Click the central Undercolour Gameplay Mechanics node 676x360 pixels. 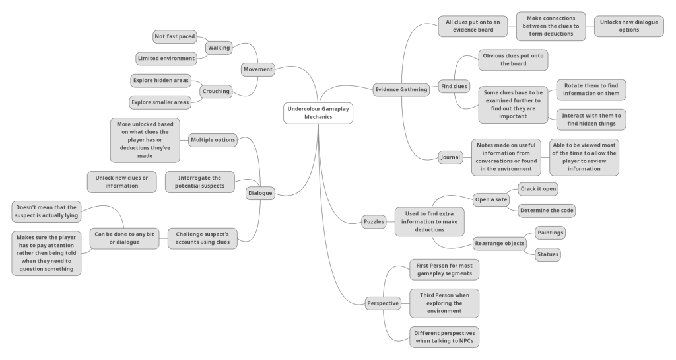click(318, 112)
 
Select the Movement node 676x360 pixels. click(257, 69)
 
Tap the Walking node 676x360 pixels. click(219, 48)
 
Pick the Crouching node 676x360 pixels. click(216, 91)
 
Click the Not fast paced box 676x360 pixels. click(174, 36)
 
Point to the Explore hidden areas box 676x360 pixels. click(160, 81)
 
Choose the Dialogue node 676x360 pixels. click(259, 193)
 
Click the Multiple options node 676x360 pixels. click(213, 139)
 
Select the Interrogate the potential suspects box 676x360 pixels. click(200, 182)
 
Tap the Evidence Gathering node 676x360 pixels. click(401, 90)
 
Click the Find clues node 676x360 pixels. click(454, 86)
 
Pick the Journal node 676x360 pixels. click(450, 157)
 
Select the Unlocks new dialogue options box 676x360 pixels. click(628, 26)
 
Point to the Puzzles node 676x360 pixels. click(374, 222)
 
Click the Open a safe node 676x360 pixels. click(491, 199)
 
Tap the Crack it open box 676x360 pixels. click(538, 189)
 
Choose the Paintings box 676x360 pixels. click(550, 233)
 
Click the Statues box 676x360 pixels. click(547, 254)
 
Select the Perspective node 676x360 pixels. click(383, 303)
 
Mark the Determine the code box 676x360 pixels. click(547, 211)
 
